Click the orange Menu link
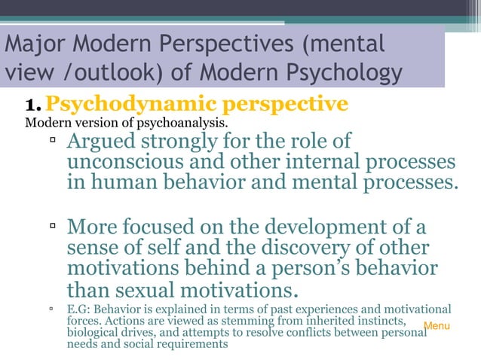click(437, 326)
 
